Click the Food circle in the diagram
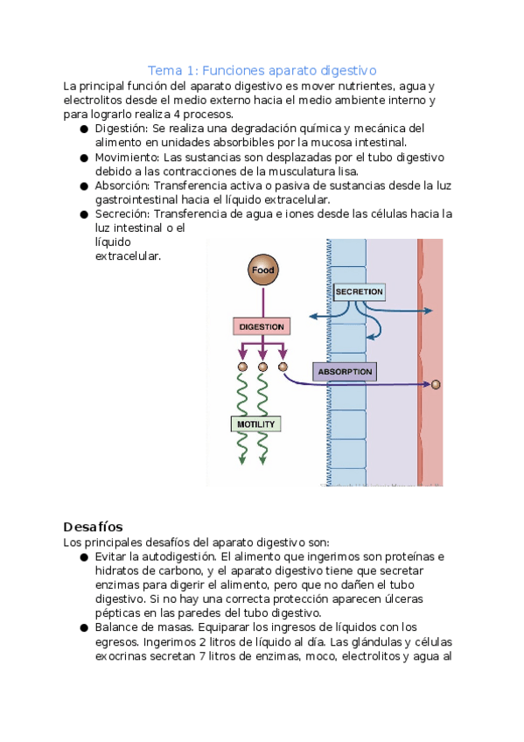[263, 269]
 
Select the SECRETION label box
[359, 292]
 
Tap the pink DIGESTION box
[262, 326]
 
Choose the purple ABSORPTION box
[345, 372]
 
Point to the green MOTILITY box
[255, 424]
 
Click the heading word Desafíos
[94, 527]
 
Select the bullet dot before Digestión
[84, 129]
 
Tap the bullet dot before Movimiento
[84, 158]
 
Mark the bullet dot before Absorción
[84, 186]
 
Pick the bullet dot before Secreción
[84, 215]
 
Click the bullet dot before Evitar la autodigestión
[84, 557]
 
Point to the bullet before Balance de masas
[84, 628]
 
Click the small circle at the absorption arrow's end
[436, 384]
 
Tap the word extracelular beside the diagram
[129, 256]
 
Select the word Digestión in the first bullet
[122, 129]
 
